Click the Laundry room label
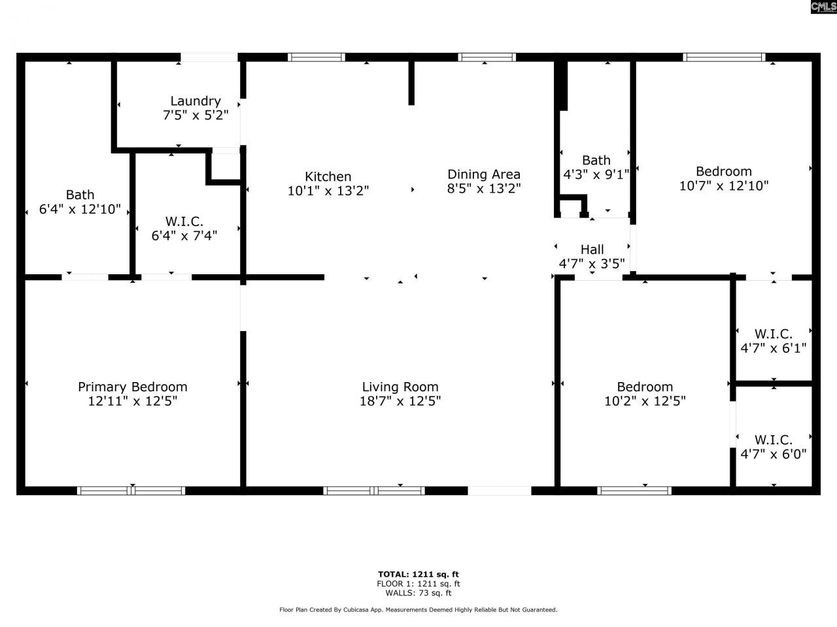click(x=196, y=101)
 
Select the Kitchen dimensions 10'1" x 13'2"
click(x=328, y=191)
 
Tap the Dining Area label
click(x=484, y=174)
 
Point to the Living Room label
click(x=400, y=387)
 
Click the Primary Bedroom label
click(x=133, y=387)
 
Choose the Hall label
click(x=592, y=249)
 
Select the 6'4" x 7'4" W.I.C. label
click(x=184, y=229)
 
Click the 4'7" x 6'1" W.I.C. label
click(x=773, y=341)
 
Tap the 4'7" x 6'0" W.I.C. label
click(x=773, y=447)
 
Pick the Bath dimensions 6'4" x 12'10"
click(x=80, y=210)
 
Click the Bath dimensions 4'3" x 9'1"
click(x=596, y=175)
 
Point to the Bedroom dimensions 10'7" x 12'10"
click(x=724, y=186)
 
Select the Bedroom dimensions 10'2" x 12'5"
click(x=645, y=402)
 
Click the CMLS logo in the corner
click(x=823, y=7)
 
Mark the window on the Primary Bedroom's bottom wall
click(x=131, y=490)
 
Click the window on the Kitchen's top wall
click(x=316, y=57)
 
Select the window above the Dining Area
click(x=487, y=57)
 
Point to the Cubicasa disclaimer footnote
click(x=418, y=610)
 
